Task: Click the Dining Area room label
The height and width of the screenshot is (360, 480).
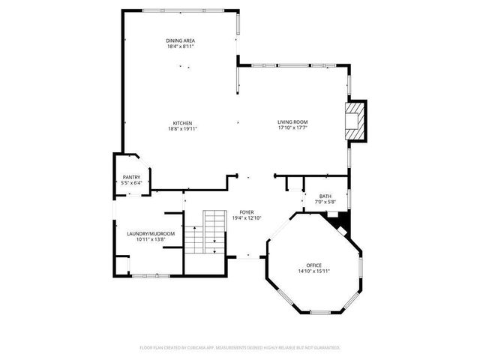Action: (x=181, y=40)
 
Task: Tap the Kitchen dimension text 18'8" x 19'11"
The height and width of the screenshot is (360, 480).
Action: (x=183, y=128)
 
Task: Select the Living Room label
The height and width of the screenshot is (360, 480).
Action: (x=292, y=122)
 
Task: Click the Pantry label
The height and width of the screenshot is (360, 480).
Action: (x=131, y=177)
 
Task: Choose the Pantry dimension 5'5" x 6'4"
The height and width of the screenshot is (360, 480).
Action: (x=131, y=183)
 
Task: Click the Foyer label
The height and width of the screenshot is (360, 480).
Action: (x=247, y=212)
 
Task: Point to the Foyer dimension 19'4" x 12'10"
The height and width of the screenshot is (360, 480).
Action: (x=247, y=218)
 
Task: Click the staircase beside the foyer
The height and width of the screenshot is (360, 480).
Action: (x=205, y=232)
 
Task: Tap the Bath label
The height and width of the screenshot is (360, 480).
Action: (x=325, y=196)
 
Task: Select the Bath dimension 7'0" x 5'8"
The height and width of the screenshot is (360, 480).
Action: (x=325, y=202)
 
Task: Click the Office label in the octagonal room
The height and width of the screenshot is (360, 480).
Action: (x=313, y=265)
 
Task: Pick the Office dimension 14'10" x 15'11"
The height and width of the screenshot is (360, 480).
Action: (x=313, y=271)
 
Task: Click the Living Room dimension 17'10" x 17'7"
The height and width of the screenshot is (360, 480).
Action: (x=292, y=128)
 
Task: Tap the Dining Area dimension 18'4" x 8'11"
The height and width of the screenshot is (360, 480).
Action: (x=181, y=46)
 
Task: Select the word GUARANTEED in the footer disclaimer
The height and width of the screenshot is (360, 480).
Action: (x=325, y=348)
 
